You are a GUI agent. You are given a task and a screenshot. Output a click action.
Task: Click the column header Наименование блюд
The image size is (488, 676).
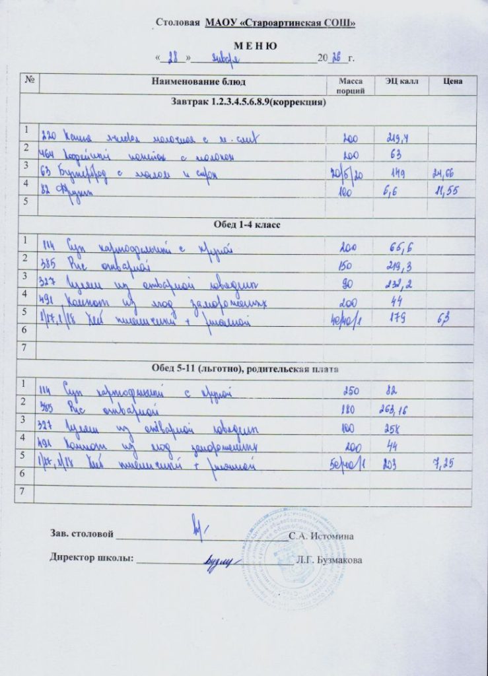point(199,81)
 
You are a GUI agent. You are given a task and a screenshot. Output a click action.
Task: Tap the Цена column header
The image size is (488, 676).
point(452,81)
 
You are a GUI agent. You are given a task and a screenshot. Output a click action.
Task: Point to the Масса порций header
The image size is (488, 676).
point(350,85)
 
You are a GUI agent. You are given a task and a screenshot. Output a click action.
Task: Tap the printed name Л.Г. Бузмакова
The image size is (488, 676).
point(329,560)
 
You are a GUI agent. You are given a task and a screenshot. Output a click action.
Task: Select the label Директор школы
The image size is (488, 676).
point(92,557)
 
